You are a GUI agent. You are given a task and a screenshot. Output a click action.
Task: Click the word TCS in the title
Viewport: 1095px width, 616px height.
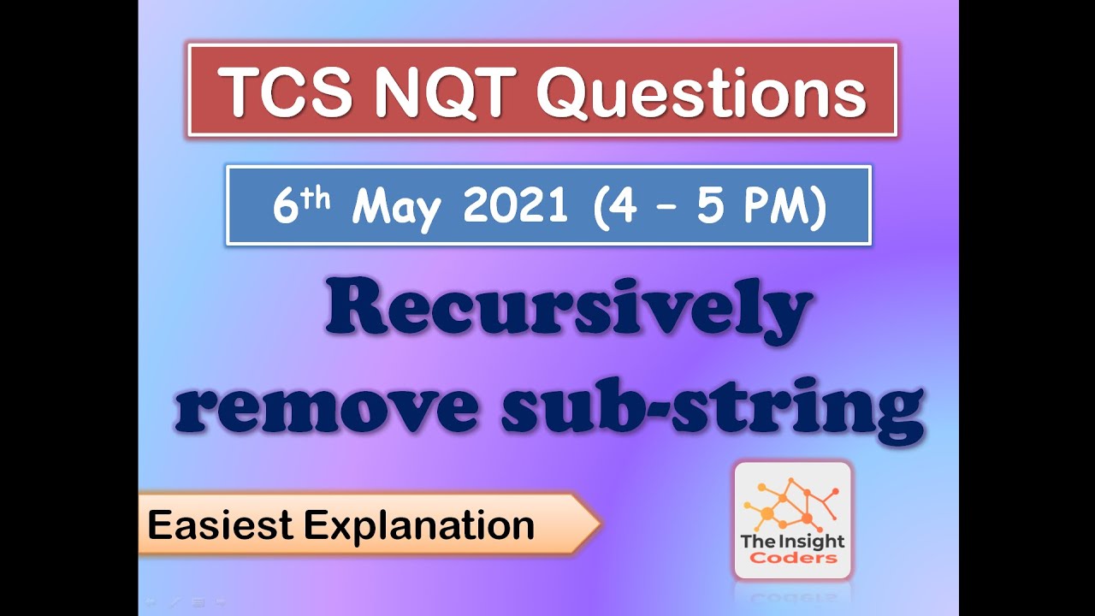[286, 92]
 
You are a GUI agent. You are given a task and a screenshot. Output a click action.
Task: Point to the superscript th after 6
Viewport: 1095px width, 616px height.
[316, 199]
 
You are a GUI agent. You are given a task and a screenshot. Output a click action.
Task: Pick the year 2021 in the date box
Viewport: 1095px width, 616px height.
[515, 205]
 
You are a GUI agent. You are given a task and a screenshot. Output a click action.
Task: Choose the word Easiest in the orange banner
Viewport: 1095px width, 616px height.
[221, 524]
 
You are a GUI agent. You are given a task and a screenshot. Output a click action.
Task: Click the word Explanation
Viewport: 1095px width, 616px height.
[419, 526]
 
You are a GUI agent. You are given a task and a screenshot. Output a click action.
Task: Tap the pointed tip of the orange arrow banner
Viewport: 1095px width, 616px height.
[601, 524]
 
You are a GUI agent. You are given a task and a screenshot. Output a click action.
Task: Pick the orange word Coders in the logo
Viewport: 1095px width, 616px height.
[793, 558]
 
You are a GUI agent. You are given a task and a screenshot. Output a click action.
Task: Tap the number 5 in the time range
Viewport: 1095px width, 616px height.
[710, 206]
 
